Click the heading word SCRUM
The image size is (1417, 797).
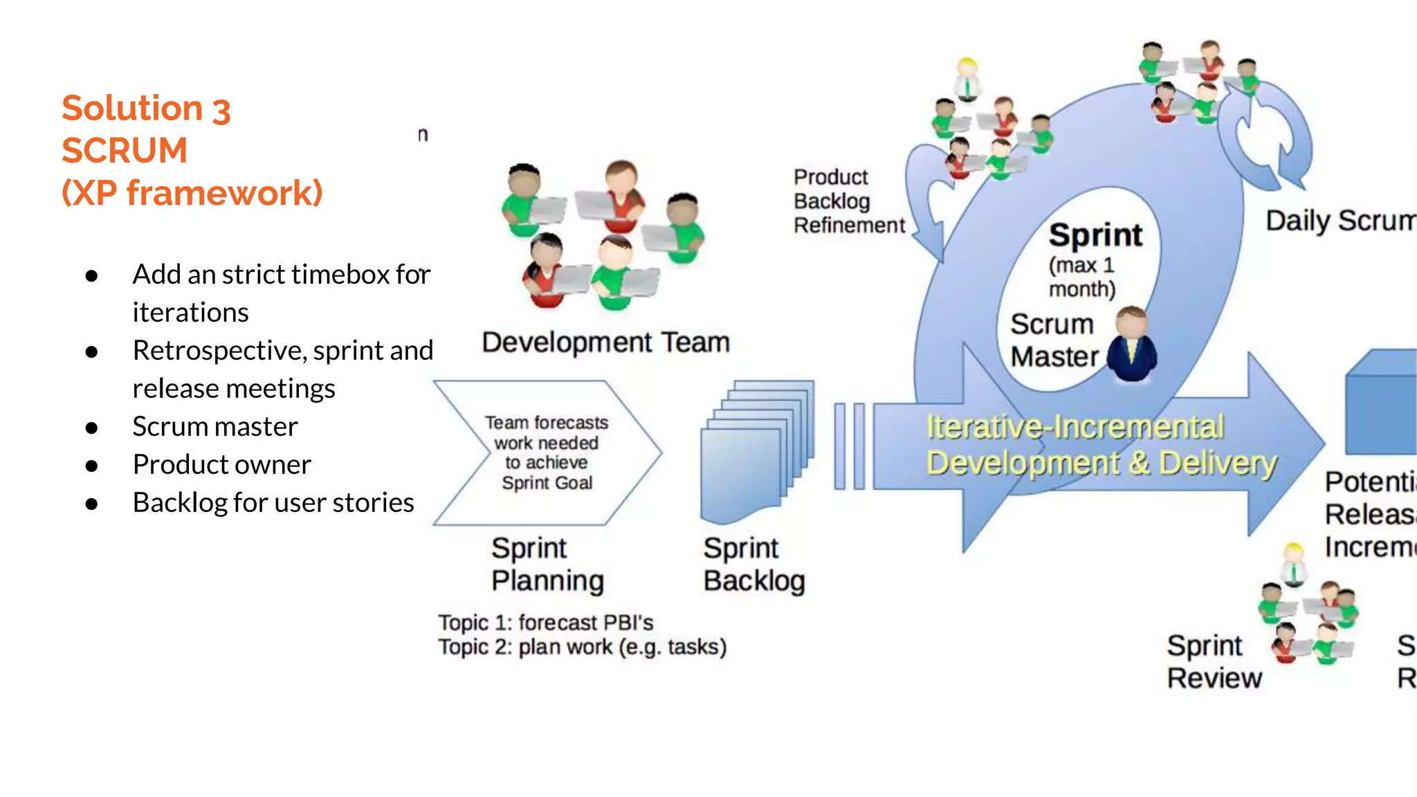(x=125, y=151)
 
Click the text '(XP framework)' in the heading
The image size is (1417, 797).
(x=192, y=193)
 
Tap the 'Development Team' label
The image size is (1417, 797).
(x=605, y=342)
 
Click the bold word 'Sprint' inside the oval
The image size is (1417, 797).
(x=1095, y=235)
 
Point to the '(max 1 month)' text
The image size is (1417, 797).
(x=1081, y=277)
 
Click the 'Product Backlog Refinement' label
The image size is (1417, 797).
(x=848, y=201)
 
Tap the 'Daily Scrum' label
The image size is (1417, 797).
(x=1340, y=221)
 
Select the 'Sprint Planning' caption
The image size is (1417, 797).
(x=547, y=565)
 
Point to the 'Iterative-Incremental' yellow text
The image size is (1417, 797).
(x=1075, y=427)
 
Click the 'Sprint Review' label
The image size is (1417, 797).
(x=1214, y=662)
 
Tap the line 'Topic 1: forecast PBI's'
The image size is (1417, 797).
(x=545, y=623)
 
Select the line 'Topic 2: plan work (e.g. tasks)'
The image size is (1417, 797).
(x=582, y=648)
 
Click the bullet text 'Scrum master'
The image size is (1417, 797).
(x=214, y=427)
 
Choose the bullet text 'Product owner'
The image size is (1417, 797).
(x=221, y=465)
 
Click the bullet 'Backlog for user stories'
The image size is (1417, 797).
(x=273, y=503)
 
